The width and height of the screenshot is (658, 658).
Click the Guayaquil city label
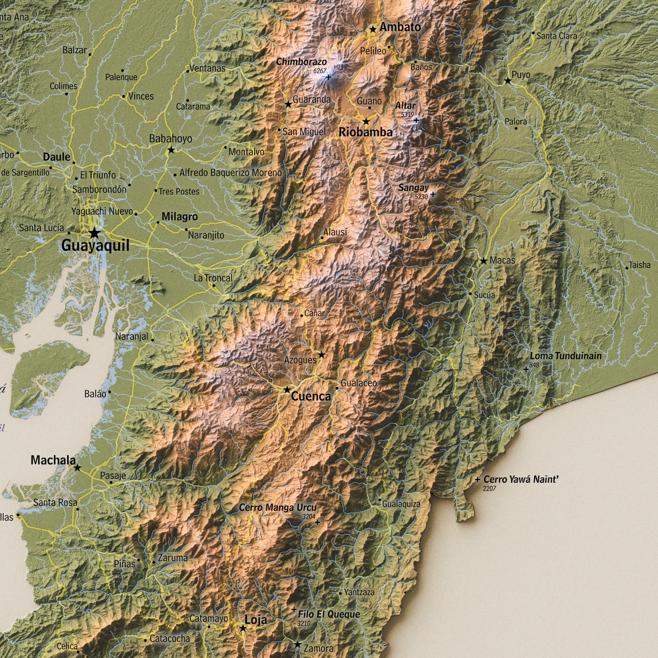(x=95, y=246)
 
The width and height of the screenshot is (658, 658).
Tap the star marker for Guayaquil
(x=94, y=233)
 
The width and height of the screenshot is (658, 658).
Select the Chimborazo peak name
(x=301, y=61)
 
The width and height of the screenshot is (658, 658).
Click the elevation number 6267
(x=320, y=71)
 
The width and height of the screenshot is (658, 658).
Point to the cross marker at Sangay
(x=433, y=194)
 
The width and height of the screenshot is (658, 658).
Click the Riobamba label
(x=365, y=133)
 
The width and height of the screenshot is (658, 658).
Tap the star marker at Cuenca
(x=287, y=390)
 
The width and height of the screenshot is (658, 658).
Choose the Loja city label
(x=256, y=619)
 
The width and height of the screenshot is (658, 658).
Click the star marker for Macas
(x=484, y=261)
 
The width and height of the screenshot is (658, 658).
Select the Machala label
(x=53, y=460)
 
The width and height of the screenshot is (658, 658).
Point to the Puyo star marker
(x=508, y=81)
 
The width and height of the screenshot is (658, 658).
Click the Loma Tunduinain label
(x=566, y=356)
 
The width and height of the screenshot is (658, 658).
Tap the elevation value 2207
(x=490, y=489)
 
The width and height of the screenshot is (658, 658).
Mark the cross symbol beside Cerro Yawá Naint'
(x=477, y=479)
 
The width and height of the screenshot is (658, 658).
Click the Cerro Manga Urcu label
(x=278, y=507)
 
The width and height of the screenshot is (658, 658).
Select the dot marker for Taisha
(x=627, y=268)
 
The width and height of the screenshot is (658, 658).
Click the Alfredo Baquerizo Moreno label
(x=230, y=173)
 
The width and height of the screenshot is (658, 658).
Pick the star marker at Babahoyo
(x=171, y=149)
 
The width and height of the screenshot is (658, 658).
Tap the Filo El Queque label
(x=329, y=614)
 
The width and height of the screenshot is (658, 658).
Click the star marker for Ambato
(x=373, y=30)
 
